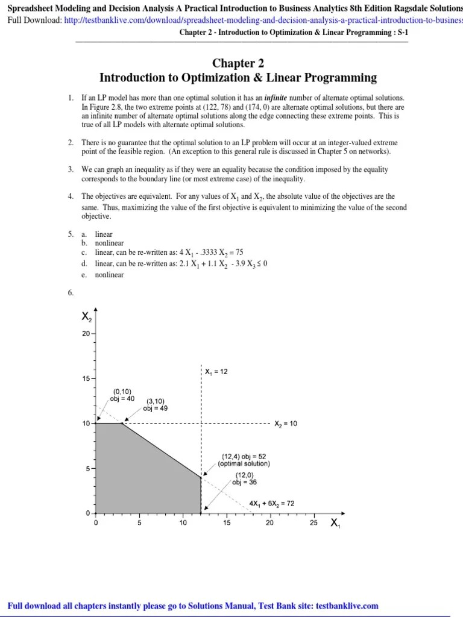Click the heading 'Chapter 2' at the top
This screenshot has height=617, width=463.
[x=238, y=63]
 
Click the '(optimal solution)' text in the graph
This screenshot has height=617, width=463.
[x=244, y=464]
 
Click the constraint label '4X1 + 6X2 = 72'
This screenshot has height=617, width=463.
[x=271, y=503]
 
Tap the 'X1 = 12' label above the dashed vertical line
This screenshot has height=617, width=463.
[x=216, y=372]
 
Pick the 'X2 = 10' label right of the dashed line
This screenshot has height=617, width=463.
[x=286, y=424]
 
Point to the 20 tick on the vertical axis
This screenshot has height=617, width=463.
[x=86, y=333]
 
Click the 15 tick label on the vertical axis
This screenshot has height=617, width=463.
[x=86, y=378]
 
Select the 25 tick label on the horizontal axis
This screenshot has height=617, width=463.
[x=313, y=523]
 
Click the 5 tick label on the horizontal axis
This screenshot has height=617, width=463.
[x=139, y=523]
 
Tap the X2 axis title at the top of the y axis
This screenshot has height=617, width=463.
[x=87, y=316]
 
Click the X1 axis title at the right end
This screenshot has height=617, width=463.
[x=335, y=524]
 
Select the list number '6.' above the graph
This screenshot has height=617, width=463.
[x=71, y=293]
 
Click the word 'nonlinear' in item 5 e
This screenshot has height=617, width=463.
[x=109, y=275]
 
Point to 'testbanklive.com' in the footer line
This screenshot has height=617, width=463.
[x=347, y=606]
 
